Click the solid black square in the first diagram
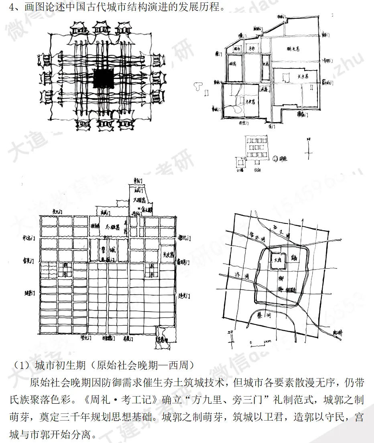point(103,78)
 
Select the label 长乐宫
point(303,76)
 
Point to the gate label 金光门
point(30,261)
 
